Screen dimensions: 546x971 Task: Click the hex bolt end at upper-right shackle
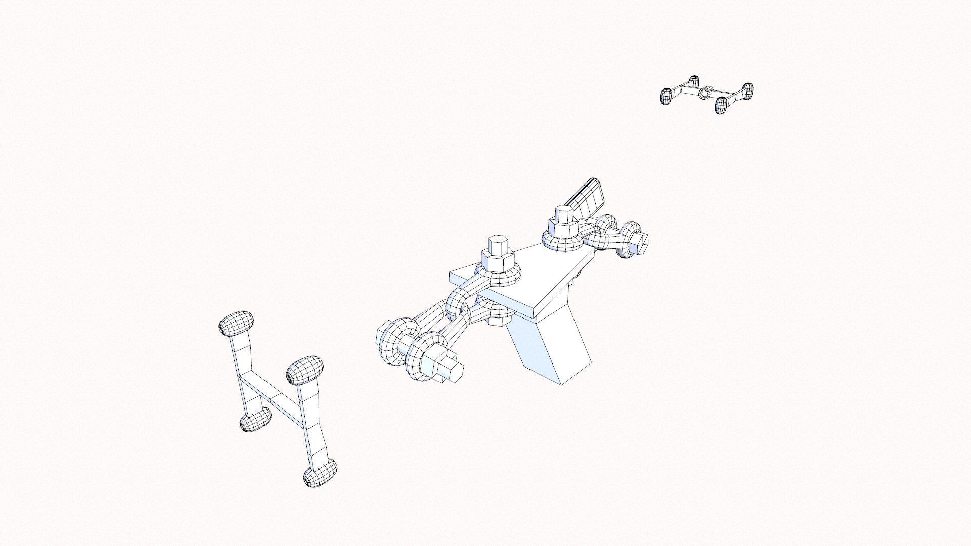pos(640,242)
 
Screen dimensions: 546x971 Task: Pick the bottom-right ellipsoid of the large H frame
pos(321,473)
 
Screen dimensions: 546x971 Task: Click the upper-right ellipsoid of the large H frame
pos(304,370)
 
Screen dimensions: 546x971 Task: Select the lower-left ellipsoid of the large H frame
pos(255,420)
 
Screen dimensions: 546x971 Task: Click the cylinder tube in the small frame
pos(704,93)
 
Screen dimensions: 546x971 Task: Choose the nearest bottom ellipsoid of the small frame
pos(721,104)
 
